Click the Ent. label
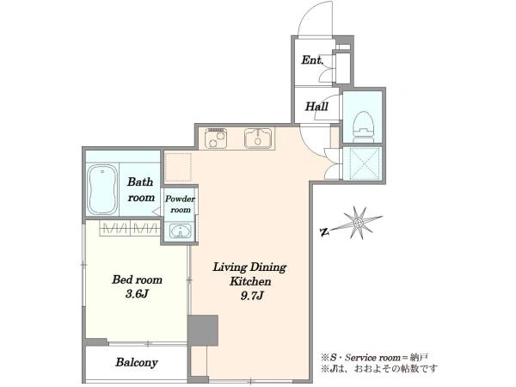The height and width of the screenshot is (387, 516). point(312,60)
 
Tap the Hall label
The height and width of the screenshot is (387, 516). point(316,107)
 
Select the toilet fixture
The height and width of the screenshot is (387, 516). point(363,126)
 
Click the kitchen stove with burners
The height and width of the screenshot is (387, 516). point(216,138)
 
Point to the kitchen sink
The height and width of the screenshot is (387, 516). point(258,138)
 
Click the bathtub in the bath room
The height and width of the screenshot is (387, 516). point(102,189)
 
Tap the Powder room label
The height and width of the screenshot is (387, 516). point(180,204)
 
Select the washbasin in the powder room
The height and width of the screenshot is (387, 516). point(180,231)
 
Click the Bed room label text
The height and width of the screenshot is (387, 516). point(137,279)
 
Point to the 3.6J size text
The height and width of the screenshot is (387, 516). point(137,293)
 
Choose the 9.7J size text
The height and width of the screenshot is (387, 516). point(252,296)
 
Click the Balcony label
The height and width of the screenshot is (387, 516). point(137,362)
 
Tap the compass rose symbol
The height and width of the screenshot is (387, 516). point(358,223)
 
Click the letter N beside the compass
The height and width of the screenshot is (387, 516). point(325,232)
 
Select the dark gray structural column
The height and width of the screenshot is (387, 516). point(203,330)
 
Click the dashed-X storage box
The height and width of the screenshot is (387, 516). point(363,163)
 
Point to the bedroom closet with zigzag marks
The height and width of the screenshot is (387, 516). point(130,228)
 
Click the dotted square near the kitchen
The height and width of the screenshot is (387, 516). point(178,167)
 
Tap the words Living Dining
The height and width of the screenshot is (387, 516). point(249,267)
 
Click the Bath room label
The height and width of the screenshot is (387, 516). point(141,189)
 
